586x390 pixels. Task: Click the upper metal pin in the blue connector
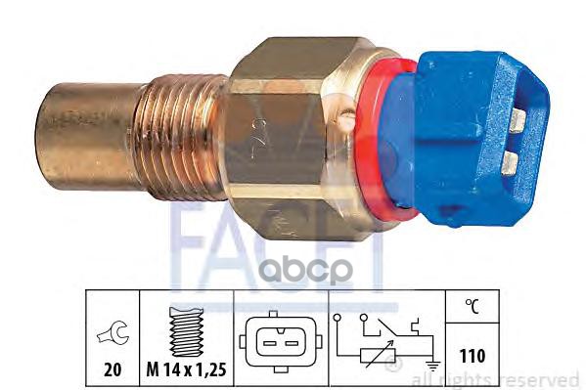tap(518, 121)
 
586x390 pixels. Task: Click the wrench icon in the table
tap(113, 333)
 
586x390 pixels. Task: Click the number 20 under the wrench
tap(113, 369)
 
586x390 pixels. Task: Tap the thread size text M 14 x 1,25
tap(187, 369)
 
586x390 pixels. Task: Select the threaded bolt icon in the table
tap(187, 331)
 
